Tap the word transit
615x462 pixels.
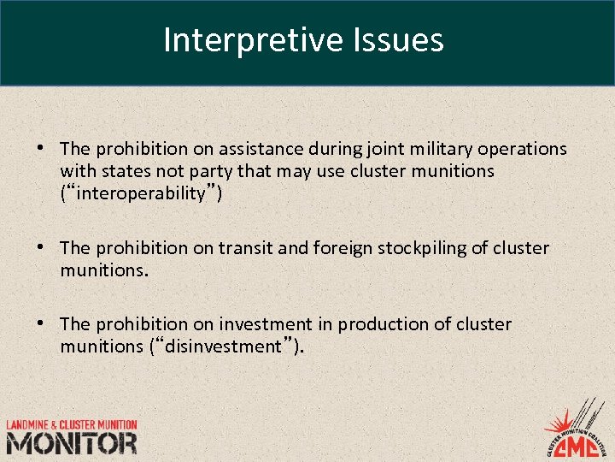248,248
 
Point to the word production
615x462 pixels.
377,324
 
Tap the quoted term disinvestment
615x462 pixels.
224,346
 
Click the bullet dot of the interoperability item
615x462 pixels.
41,148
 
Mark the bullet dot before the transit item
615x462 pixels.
41,247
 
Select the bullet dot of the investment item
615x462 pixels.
41,323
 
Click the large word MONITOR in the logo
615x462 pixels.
72,443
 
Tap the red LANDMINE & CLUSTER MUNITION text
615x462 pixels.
72,425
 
